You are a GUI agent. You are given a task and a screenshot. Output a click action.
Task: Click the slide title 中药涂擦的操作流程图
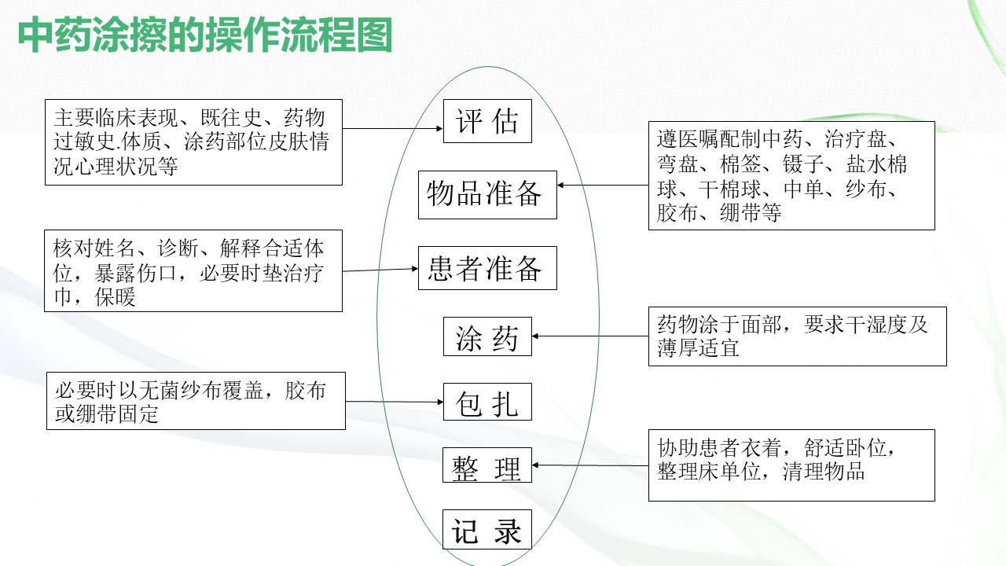pyautogui.click(x=204, y=36)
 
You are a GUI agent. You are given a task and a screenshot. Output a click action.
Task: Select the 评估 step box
pyautogui.click(x=487, y=121)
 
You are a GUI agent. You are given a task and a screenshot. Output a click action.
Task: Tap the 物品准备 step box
pyautogui.click(x=487, y=194)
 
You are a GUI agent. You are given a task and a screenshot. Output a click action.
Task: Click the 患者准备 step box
pyautogui.click(x=487, y=268)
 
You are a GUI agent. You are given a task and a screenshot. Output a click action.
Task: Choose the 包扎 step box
pyautogui.click(x=487, y=402)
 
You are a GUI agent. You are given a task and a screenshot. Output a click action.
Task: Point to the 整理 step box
pyautogui.click(x=487, y=465)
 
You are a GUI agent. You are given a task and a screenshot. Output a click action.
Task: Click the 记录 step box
pyautogui.click(x=487, y=530)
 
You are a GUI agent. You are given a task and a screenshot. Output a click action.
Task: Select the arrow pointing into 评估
pyautogui.click(x=393, y=128)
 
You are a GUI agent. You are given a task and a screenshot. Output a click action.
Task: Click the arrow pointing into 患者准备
pyautogui.click(x=380, y=270)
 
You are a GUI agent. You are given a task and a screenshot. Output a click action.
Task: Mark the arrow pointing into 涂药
pyautogui.click(x=590, y=336)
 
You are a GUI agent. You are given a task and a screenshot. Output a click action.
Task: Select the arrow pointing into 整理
pyautogui.click(x=590, y=465)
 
